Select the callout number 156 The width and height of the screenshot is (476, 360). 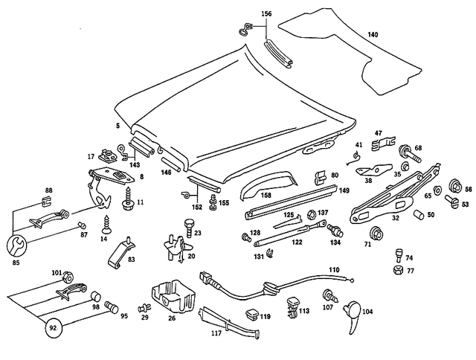coord(267,14)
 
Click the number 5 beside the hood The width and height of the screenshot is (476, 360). coord(118,126)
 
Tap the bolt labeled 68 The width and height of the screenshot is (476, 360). coord(409,156)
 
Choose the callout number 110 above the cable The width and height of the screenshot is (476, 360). coord(334,269)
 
